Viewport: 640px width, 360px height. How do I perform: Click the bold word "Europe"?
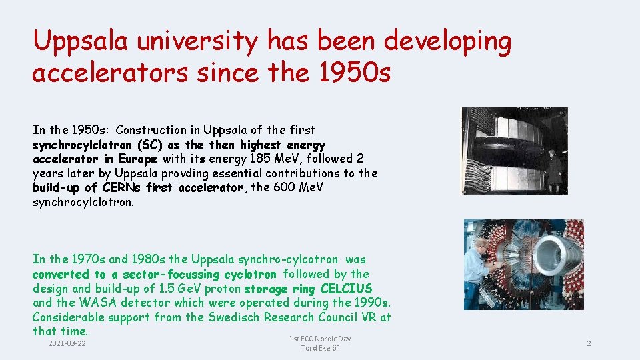point(138,159)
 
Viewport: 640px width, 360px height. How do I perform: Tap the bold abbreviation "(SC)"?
point(150,145)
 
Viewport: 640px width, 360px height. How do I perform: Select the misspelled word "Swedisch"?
point(234,317)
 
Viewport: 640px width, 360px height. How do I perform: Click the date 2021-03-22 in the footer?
point(67,343)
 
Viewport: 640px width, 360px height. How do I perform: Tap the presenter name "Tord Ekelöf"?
point(319,349)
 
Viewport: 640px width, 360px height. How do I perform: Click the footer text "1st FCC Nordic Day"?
point(319,339)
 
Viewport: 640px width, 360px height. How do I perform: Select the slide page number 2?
point(589,343)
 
